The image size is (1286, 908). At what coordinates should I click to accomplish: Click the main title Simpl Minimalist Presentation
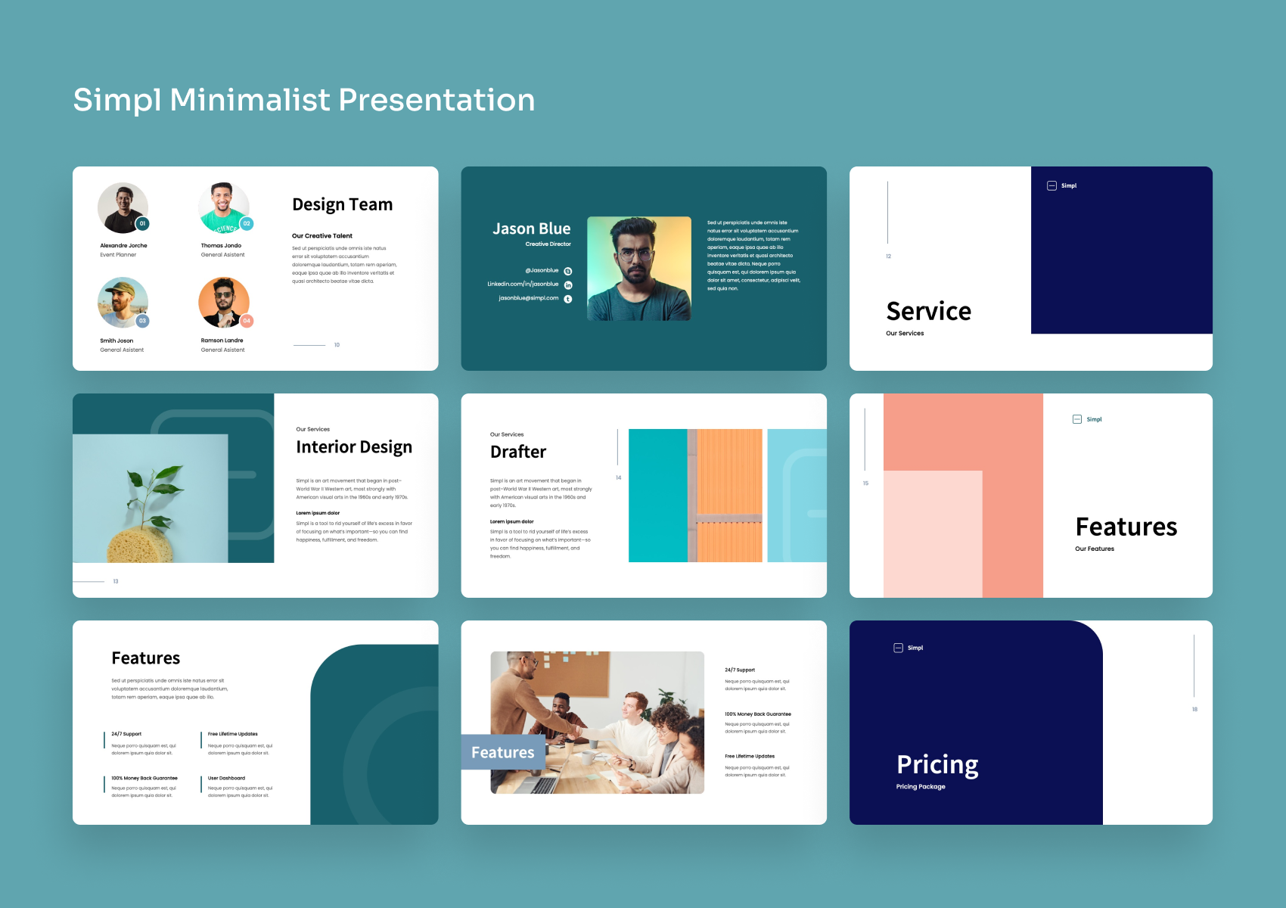pos(303,100)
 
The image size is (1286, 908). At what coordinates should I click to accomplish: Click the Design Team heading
pos(342,204)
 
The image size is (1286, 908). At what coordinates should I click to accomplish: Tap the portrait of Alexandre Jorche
pos(123,207)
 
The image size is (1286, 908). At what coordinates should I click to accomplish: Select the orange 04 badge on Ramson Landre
pos(247,321)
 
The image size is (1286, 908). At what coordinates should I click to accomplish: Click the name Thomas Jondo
pos(221,245)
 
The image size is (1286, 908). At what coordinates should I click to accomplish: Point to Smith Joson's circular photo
pos(122,302)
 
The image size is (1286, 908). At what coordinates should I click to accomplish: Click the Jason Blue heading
pos(531,229)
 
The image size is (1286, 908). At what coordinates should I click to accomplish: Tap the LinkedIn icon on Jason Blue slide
pos(568,285)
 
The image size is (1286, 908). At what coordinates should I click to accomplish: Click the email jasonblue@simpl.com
pos(528,298)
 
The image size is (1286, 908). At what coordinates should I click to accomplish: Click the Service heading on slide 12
pos(928,311)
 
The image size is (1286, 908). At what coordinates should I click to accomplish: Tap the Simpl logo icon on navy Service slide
pos(1051,185)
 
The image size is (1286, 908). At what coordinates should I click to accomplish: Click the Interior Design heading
pos(354,447)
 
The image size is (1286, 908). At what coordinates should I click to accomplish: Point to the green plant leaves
pos(155,484)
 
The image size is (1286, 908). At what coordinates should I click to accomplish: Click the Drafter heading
pos(518,452)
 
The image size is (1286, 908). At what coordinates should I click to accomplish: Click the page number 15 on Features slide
pos(865,483)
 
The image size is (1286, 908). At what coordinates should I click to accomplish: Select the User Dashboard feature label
pos(226,778)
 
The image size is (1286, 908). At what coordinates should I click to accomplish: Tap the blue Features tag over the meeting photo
pos(503,752)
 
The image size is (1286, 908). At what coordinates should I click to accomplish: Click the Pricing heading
pos(937,764)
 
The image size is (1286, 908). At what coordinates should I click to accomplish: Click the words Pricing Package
pos(921,787)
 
